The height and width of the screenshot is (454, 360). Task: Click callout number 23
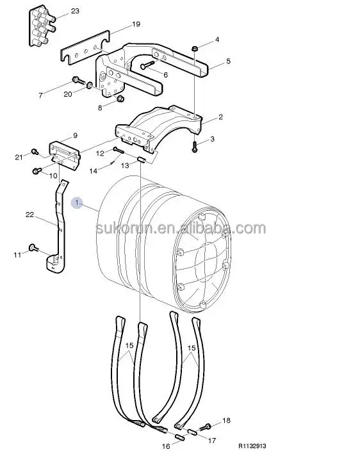click(76, 12)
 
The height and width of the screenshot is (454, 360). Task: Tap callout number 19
click(135, 24)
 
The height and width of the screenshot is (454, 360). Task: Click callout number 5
click(228, 62)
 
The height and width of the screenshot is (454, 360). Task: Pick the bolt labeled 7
click(76, 81)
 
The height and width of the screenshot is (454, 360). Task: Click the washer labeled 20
click(89, 87)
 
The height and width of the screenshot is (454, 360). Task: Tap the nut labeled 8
click(119, 99)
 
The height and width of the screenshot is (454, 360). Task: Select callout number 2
click(220, 117)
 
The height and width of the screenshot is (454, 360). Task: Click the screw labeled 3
click(193, 147)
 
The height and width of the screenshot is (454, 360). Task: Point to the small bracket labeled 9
click(63, 151)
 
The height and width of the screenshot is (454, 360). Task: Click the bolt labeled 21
click(36, 152)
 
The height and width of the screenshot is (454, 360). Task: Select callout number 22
click(29, 215)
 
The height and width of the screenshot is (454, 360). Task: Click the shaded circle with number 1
click(78, 203)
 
